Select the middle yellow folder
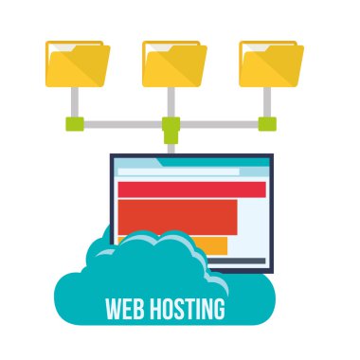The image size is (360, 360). pyautogui.click(x=172, y=63)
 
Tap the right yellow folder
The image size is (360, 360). pyautogui.click(x=269, y=63)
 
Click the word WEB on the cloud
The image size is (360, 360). pyautogui.click(x=124, y=309)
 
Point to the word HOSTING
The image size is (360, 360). pyautogui.click(x=186, y=309)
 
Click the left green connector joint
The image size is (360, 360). pyautogui.click(x=75, y=123)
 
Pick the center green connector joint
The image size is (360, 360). pyautogui.click(x=171, y=124)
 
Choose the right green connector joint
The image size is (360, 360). pyautogui.click(x=268, y=123)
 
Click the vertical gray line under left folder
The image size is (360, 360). pyautogui.click(x=75, y=101)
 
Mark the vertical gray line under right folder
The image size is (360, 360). pyautogui.click(x=268, y=101)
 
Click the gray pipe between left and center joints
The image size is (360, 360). pyautogui.click(x=123, y=123)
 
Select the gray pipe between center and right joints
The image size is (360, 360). pyautogui.click(x=220, y=123)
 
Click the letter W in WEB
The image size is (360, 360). pyautogui.click(x=112, y=309)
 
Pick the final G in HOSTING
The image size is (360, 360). pyautogui.click(x=219, y=309)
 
